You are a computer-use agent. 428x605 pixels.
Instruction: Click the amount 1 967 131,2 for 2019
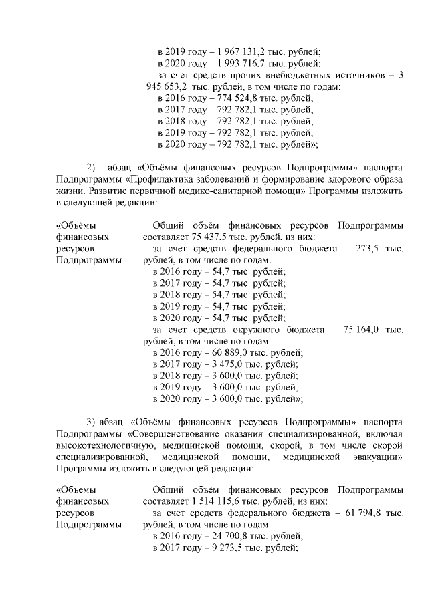236,52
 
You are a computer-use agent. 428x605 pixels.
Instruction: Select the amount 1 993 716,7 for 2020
236,64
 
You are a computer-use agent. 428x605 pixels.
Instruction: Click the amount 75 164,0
361,330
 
